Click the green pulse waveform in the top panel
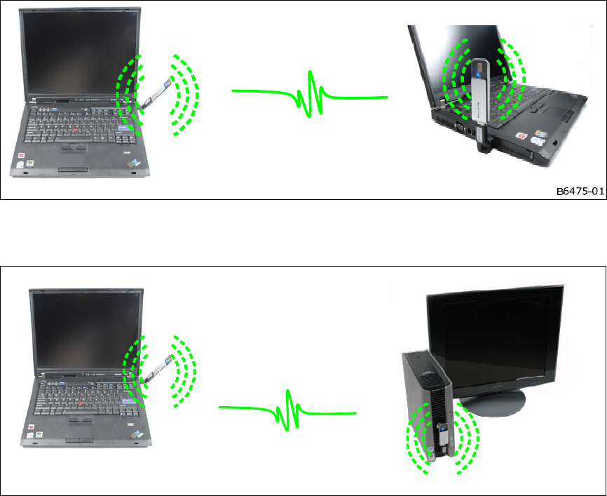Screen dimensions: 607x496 310,94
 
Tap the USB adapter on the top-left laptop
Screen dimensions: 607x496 156,94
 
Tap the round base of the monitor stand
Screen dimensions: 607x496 491,403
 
